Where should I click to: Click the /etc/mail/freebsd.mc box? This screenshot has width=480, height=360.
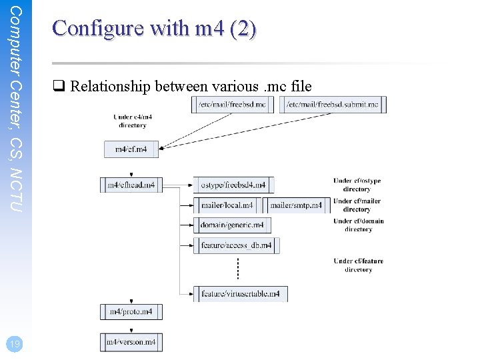[x=232, y=105]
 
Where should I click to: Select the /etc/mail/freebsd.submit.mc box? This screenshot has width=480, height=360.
[x=333, y=105]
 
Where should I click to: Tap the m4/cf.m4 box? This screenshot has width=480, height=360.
[x=131, y=149]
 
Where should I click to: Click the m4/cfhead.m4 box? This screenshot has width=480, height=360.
[x=131, y=185]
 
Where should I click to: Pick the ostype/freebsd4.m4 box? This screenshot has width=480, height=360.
[x=233, y=185]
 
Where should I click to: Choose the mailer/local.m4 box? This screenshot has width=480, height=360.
[x=227, y=205]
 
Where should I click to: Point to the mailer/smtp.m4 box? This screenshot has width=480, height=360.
[x=295, y=205]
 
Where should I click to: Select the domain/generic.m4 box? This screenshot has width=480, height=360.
[x=232, y=225]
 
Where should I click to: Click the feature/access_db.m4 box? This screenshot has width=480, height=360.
[x=236, y=245]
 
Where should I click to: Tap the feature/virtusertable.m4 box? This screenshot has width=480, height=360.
[x=240, y=293]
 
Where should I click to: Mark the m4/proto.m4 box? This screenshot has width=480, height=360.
[x=131, y=311]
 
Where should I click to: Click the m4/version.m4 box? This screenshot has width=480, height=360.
[x=131, y=342]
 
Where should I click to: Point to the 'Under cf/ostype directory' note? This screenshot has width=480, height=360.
[x=358, y=185]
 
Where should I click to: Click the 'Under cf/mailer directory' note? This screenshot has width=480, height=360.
[x=357, y=205]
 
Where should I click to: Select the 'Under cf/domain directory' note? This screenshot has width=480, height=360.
[x=359, y=225]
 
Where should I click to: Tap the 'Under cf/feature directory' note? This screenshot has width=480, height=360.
[x=359, y=265]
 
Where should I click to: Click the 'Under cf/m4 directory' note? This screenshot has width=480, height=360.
[x=133, y=121]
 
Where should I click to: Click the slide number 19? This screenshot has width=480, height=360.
[x=13, y=344]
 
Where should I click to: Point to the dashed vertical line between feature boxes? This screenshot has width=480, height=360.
[x=238, y=269]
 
